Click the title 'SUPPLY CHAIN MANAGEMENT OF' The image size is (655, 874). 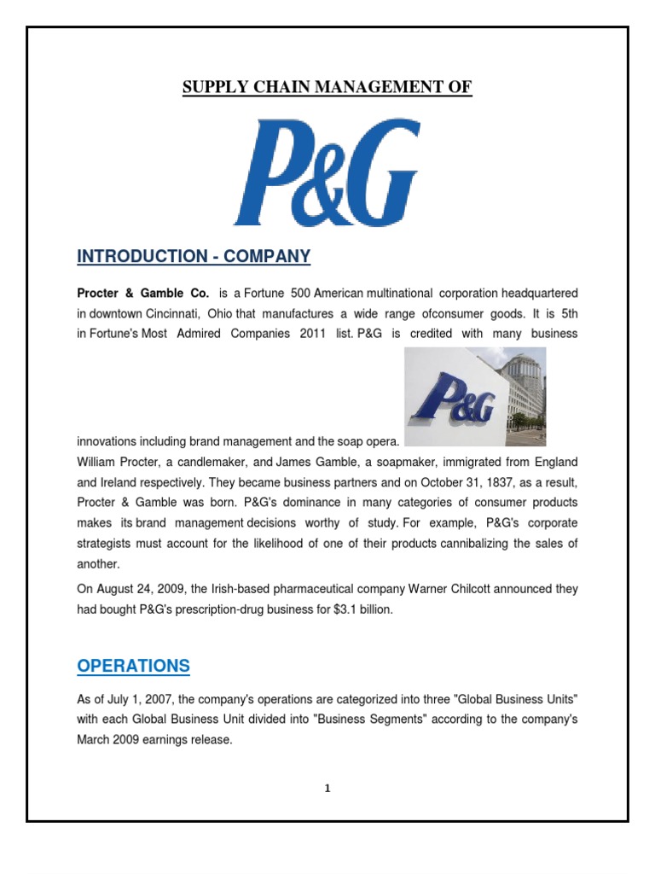tap(327, 87)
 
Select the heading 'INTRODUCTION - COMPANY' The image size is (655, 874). tap(194, 256)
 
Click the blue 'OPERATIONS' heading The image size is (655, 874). tap(133, 666)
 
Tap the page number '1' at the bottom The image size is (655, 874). tap(327, 789)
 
